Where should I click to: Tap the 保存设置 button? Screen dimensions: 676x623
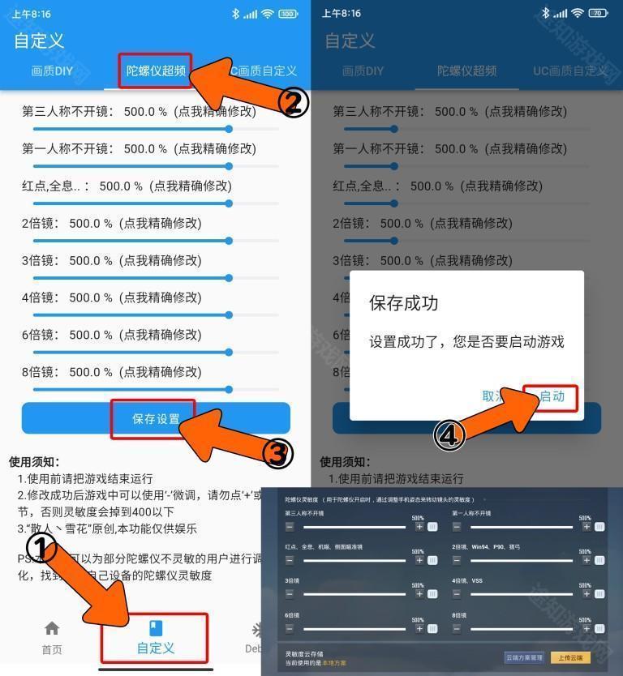pyautogui.click(x=155, y=419)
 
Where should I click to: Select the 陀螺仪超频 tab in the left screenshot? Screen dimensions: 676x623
pyautogui.click(x=156, y=71)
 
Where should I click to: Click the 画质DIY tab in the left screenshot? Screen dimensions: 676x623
pyautogui.click(x=52, y=71)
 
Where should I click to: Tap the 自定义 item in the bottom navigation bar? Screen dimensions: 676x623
pyautogui.click(x=155, y=638)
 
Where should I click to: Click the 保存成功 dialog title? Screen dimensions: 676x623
pyautogui.click(x=403, y=303)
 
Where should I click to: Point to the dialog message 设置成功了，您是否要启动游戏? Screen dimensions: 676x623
pyautogui.click(x=466, y=341)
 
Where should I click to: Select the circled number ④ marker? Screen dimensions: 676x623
pyautogui.click(x=451, y=435)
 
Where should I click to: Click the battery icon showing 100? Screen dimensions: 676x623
pyautogui.click(x=288, y=14)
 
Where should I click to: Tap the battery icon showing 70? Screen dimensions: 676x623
pyautogui.click(x=599, y=14)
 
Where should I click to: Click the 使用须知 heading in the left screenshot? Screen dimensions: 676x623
pyautogui.click(x=31, y=461)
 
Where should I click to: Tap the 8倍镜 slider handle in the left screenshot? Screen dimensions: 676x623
pyautogui.click(x=229, y=390)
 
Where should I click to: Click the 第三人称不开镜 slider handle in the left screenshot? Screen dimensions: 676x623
pyautogui.click(x=229, y=129)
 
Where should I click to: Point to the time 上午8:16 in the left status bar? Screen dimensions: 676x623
pyautogui.click(x=31, y=14)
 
